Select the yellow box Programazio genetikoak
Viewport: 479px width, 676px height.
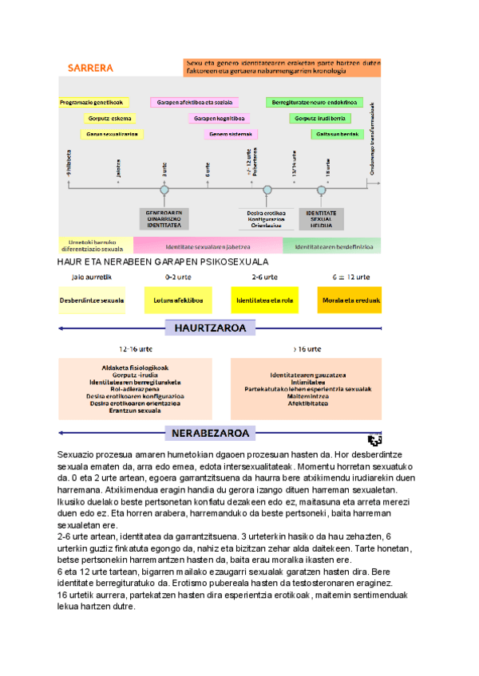(92, 103)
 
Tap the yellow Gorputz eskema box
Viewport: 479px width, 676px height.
(109, 118)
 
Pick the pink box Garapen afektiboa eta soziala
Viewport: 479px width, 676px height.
(188, 103)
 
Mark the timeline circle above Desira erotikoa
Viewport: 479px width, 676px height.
(267, 190)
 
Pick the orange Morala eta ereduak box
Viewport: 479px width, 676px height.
(350, 301)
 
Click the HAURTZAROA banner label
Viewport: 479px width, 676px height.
(210, 328)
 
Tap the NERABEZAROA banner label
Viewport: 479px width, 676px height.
(210, 434)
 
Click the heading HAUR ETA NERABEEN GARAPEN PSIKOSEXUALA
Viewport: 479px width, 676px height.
(163, 261)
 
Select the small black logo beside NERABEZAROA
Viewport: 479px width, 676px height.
(374, 440)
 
